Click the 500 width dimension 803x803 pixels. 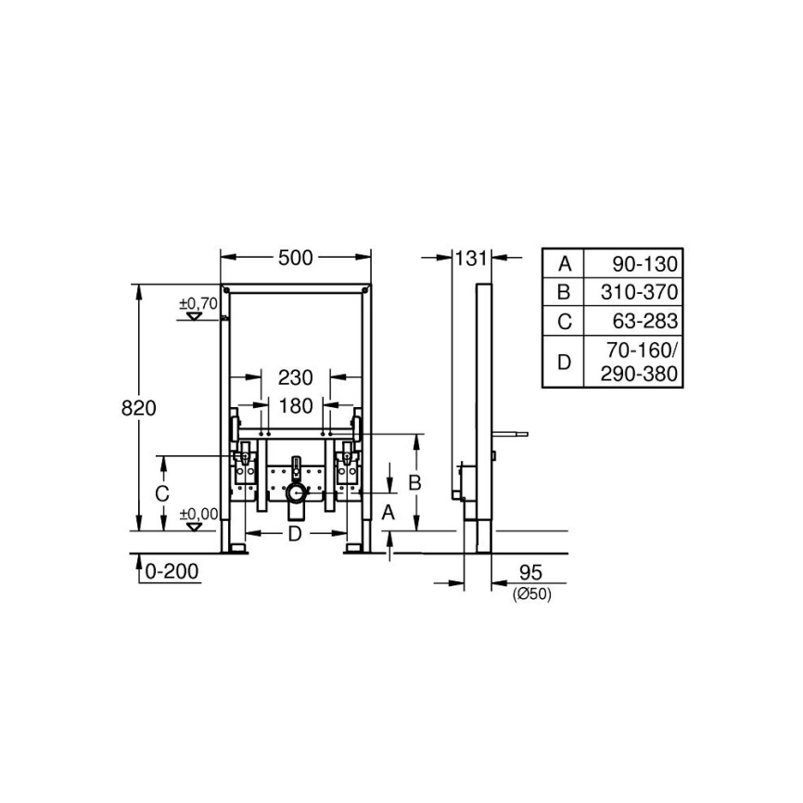click(296, 258)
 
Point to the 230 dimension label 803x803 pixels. click(296, 377)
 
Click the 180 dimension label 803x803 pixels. click(296, 405)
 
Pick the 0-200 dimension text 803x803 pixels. click(172, 572)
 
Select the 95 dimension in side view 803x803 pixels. click(530, 572)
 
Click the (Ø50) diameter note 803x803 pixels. click(531, 594)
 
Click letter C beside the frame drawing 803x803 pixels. click(161, 494)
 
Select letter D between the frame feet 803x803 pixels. click(295, 534)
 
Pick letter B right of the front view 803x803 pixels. click(415, 482)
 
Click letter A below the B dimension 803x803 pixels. click(389, 511)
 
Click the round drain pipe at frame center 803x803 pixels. click(296, 491)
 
